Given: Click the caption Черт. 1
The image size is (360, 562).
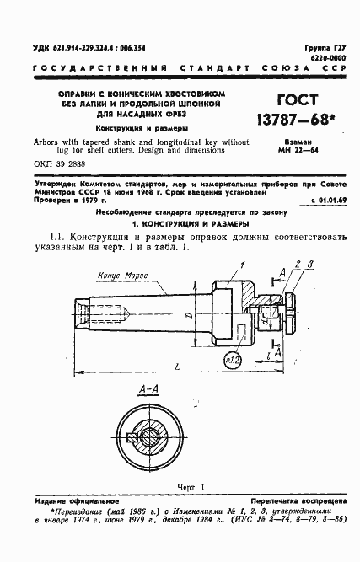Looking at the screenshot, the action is (181, 488).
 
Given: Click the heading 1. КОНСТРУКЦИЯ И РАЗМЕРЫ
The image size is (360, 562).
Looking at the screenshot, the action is (180, 226).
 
